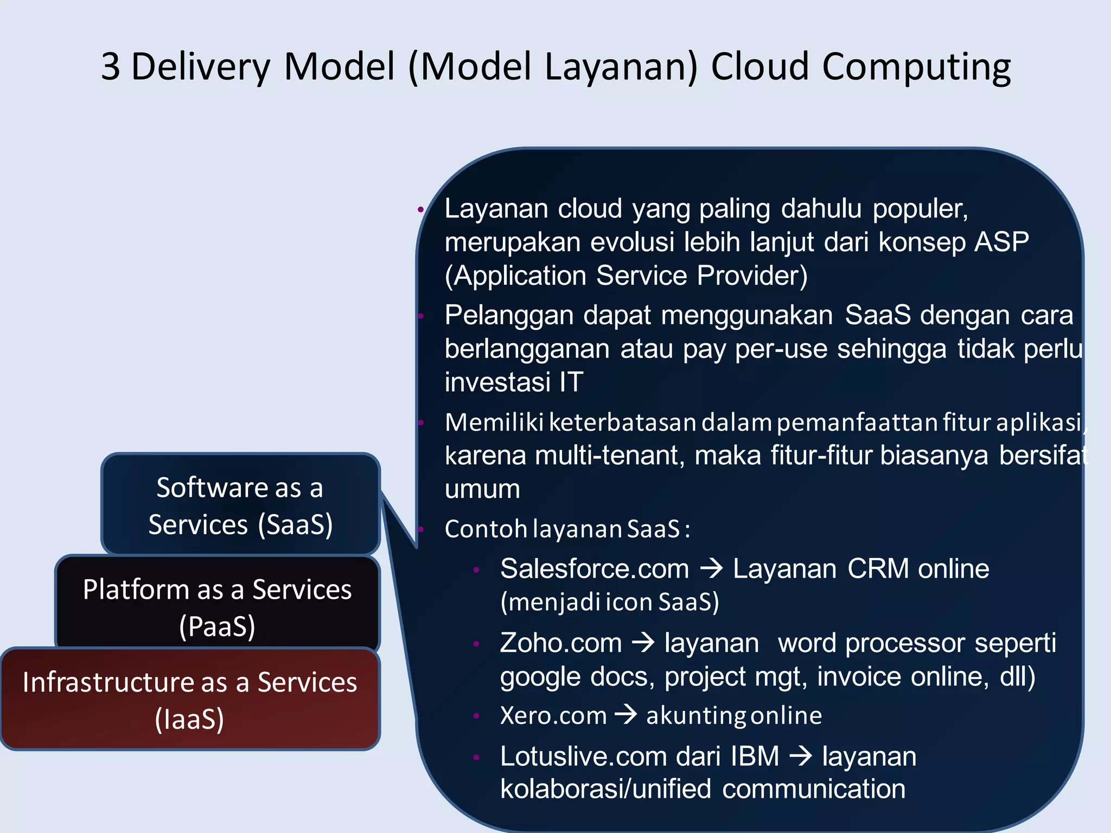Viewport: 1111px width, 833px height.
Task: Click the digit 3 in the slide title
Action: pos(111,67)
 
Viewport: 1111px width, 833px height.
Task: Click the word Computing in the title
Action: pos(916,68)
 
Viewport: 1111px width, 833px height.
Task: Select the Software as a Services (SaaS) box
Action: pos(240,505)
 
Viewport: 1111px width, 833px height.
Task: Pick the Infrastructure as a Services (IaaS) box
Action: pos(190,699)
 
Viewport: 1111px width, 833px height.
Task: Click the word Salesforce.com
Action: pos(594,569)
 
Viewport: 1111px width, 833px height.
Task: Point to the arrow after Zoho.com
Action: pos(643,643)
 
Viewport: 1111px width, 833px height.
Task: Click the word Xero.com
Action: pos(553,715)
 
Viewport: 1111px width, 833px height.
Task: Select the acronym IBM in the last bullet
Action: pos(755,757)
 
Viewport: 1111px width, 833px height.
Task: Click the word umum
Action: pos(482,489)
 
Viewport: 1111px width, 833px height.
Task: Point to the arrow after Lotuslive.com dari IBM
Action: pos(801,756)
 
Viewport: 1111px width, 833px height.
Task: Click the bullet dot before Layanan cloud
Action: pos(420,209)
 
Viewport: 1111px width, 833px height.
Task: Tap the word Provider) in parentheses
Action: pos(752,275)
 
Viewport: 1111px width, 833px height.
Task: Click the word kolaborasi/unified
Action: pos(605,789)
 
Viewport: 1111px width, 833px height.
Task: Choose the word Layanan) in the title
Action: pos(621,67)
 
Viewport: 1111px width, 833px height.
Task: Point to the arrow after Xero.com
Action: pos(625,715)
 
